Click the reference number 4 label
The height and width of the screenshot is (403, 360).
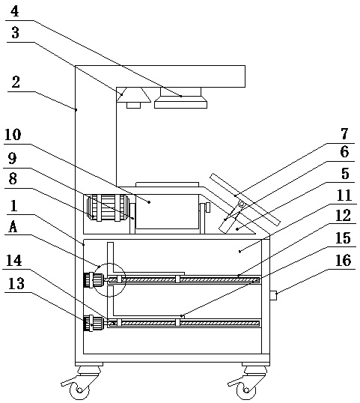[15, 12]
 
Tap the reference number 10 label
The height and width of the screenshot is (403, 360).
[13, 135]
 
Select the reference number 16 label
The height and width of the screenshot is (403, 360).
[343, 261]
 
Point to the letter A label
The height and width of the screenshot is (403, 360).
[13, 227]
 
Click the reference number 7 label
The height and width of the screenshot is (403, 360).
[344, 133]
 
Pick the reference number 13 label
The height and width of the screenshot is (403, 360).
[16, 284]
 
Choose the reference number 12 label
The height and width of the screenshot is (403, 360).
[343, 216]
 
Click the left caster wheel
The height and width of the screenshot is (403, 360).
[80, 390]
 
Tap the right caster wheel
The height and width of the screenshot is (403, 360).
[246, 390]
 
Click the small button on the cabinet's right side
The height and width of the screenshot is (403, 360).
[273, 296]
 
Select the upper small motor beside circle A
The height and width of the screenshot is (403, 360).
[94, 280]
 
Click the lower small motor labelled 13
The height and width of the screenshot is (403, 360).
[94, 324]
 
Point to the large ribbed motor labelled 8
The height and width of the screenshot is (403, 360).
[107, 207]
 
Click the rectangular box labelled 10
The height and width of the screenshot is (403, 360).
[167, 211]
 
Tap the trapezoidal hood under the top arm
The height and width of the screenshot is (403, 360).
[133, 95]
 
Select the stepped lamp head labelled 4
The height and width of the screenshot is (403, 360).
[181, 98]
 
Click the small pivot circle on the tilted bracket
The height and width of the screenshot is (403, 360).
[241, 204]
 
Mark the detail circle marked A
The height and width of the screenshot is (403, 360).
[109, 264]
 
